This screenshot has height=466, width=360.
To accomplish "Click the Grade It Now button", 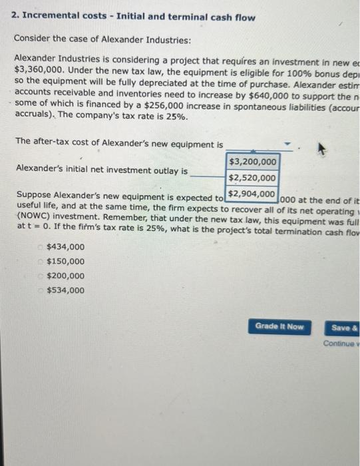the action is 279,326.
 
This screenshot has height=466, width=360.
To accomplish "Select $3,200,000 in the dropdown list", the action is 252,162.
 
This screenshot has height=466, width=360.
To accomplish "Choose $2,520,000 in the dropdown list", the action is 252,178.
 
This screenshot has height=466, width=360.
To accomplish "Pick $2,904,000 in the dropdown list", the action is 252,194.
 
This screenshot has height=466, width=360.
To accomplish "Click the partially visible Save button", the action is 344,327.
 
